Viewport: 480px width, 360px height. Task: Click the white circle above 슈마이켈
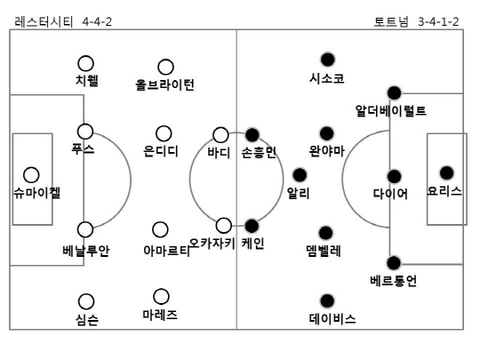tap(31, 175)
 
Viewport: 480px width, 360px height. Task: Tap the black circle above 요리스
tap(446, 173)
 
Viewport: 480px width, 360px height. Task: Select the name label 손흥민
tap(259, 152)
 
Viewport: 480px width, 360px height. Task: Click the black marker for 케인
tap(252, 226)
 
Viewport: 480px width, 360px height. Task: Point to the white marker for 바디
tap(220, 135)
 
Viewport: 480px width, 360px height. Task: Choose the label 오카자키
tap(212, 244)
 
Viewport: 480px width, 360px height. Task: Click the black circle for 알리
tap(300, 175)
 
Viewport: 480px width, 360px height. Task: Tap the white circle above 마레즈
tap(161, 296)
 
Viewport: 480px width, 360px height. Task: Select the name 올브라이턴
tap(164, 84)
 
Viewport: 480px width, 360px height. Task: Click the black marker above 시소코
tap(327, 60)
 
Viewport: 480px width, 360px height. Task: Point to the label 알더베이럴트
tap(390, 110)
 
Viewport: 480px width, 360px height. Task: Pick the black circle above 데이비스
tap(327, 301)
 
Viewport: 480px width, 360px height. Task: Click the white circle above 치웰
tap(85, 63)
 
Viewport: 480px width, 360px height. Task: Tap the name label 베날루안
tap(86, 251)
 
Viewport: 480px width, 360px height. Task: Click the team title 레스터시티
tap(44, 21)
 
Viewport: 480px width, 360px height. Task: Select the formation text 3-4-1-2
tap(438, 21)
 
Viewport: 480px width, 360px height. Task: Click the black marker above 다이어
tap(394, 176)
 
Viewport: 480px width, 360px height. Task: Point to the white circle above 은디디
tap(164, 133)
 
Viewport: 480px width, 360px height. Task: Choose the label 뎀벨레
tap(324, 251)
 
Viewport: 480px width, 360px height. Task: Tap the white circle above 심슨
tap(86, 301)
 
